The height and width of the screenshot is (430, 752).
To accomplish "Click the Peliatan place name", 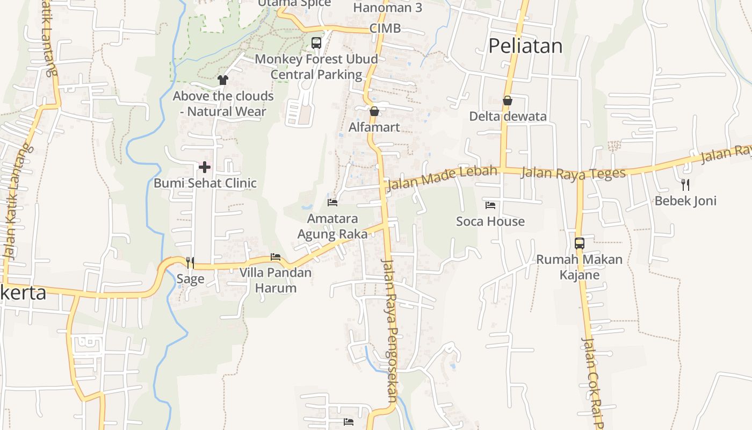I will tap(525, 46).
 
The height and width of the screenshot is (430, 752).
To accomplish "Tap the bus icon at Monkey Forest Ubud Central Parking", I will tap(316, 43).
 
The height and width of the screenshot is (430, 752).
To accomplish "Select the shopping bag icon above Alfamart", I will tap(374, 111).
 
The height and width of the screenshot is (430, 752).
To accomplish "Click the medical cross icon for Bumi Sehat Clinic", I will tap(204, 167).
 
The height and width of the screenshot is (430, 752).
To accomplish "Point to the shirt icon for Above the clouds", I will tap(223, 80).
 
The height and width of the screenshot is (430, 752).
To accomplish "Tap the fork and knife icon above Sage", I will tap(190, 262).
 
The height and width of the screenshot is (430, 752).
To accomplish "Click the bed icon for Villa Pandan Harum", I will tap(276, 257).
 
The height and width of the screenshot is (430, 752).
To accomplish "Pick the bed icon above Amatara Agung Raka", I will tap(332, 203).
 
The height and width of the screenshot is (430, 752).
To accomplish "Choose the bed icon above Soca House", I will tap(490, 205).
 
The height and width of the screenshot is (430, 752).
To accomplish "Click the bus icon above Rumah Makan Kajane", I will tap(579, 243).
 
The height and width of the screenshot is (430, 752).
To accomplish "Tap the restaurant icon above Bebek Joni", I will tap(685, 185).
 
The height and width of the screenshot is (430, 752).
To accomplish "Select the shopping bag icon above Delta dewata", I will tap(507, 101).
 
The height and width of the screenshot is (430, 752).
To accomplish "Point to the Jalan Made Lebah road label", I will tap(442, 178).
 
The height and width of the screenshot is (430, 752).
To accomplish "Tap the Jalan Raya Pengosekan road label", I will tap(389, 330).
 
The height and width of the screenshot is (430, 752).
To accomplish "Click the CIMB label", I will tap(385, 28).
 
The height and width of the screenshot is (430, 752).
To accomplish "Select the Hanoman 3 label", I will tap(387, 8).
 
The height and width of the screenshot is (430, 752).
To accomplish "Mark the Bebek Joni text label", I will tap(685, 201).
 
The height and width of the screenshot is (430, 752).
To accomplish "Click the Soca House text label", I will tap(490, 221).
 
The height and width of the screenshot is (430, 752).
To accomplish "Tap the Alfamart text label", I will tap(374, 127).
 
